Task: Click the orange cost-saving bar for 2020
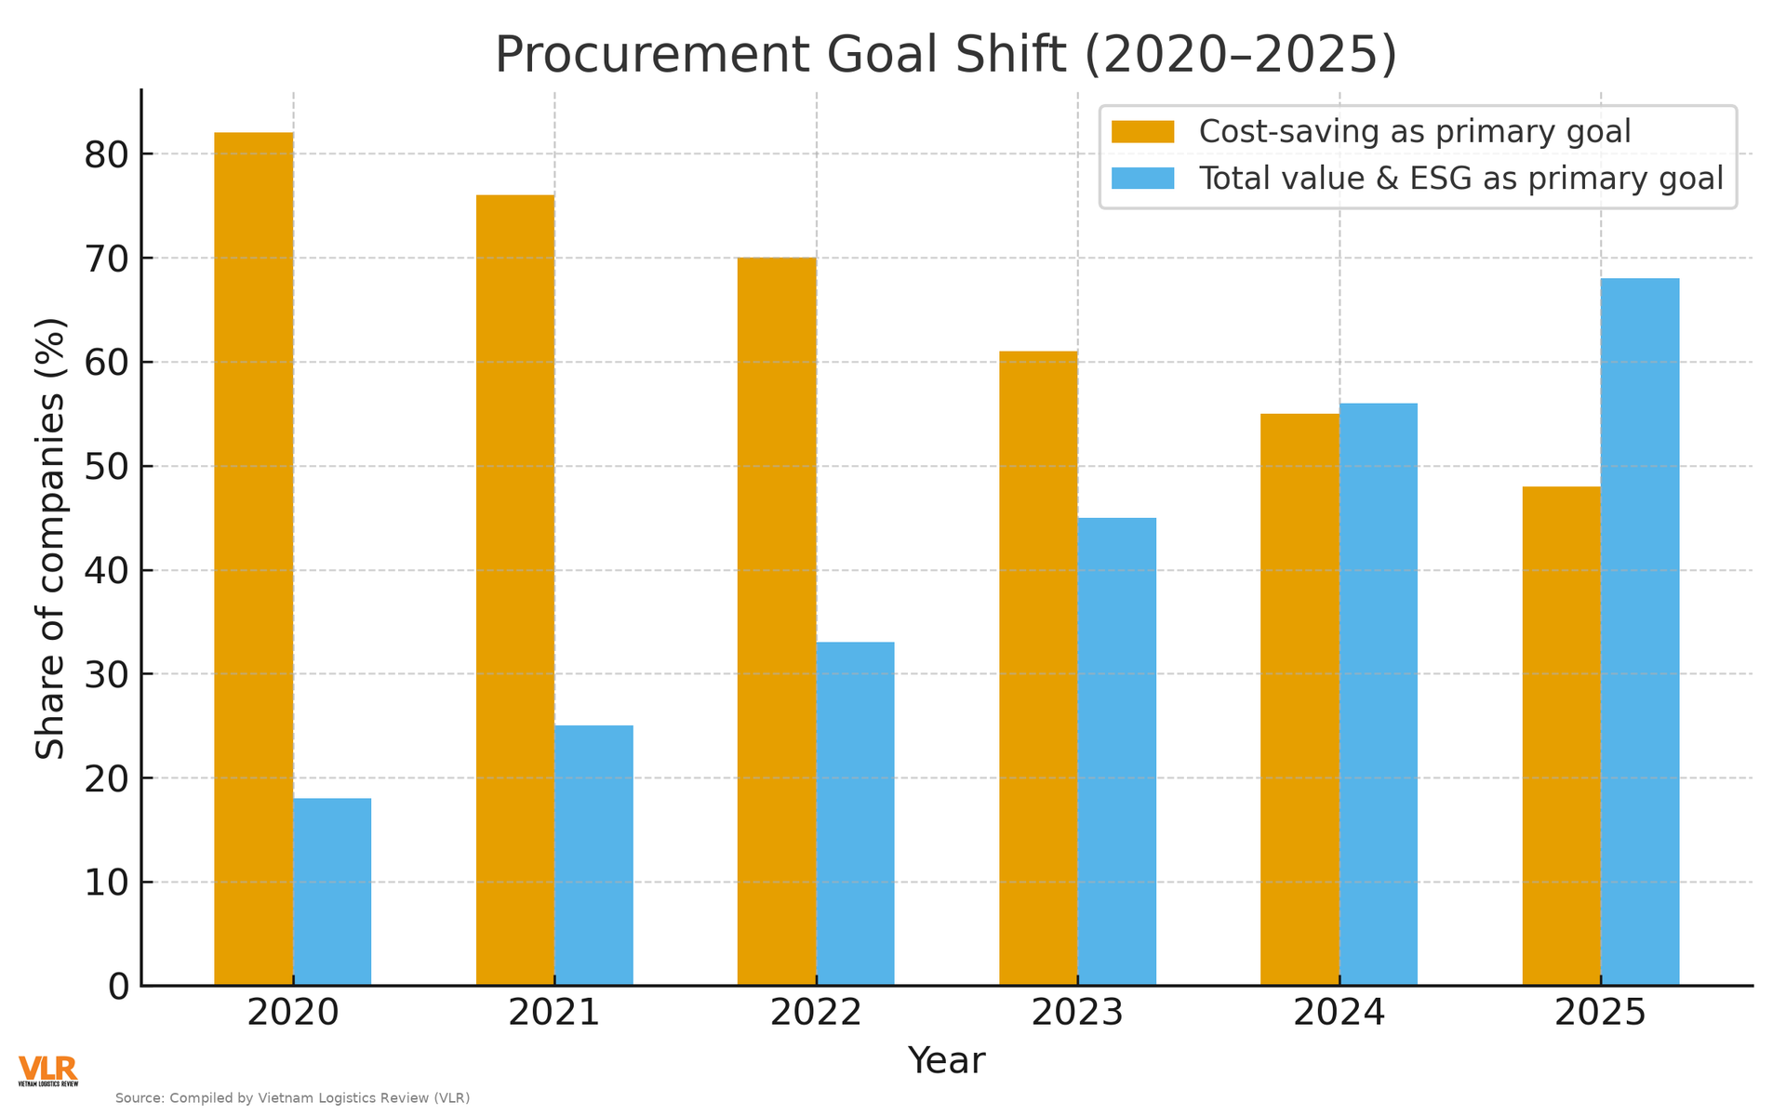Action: click(253, 558)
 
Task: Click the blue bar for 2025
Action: click(1640, 631)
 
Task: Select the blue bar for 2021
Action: click(593, 855)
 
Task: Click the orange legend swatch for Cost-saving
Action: click(1142, 132)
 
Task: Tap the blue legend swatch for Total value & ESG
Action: click(1142, 178)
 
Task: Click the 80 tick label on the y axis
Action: click(107, 154)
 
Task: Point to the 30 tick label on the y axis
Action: click(107, 674)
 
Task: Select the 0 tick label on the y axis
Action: click(118, 987)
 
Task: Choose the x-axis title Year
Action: click(946, 1061)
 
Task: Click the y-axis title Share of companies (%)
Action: click(51, 538)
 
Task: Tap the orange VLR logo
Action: click(47, 1070)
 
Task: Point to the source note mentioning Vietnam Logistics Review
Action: click(292, 1098)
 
